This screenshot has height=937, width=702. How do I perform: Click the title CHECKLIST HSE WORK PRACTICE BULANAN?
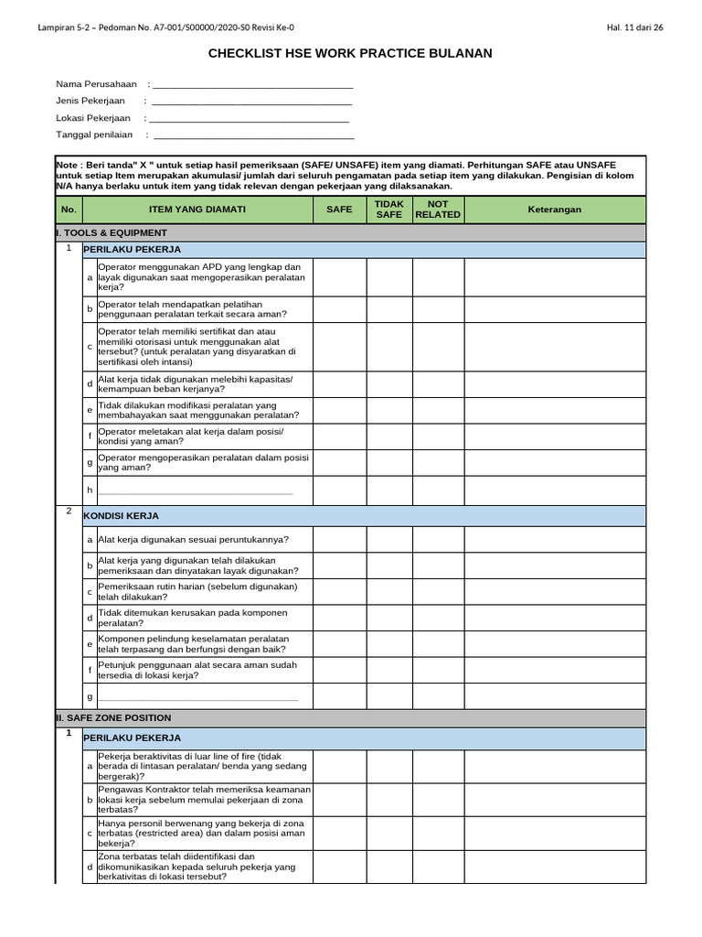coord(351,54)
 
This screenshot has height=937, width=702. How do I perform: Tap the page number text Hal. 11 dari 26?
coord(634,27)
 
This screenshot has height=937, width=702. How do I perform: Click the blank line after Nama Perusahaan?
coord(252,84)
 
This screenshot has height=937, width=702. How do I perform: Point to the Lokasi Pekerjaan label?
coord(92,118)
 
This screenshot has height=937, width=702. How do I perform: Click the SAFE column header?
coord(339,210)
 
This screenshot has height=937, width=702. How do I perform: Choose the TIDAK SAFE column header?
coord(389,210)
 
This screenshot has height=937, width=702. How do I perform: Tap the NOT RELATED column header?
coord(438,210)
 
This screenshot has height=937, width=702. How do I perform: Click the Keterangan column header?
coord(555,210)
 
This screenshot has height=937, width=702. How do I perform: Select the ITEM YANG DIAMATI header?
coord(197,210)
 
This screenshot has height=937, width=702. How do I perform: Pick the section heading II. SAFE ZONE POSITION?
coord(113,718)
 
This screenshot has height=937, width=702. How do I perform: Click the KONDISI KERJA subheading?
coord(122,516)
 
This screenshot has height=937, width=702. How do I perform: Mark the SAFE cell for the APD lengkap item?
coord(339,277)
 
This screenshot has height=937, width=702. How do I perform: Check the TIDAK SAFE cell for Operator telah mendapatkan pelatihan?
coord(389,309)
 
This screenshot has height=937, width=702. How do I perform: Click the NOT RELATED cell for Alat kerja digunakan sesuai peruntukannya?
coord(438,540)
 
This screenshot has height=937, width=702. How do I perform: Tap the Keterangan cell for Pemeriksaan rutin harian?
coord(555,592)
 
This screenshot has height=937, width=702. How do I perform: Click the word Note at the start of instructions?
coord(69,159)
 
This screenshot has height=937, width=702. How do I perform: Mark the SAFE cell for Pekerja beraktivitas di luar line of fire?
coord(339,766)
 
